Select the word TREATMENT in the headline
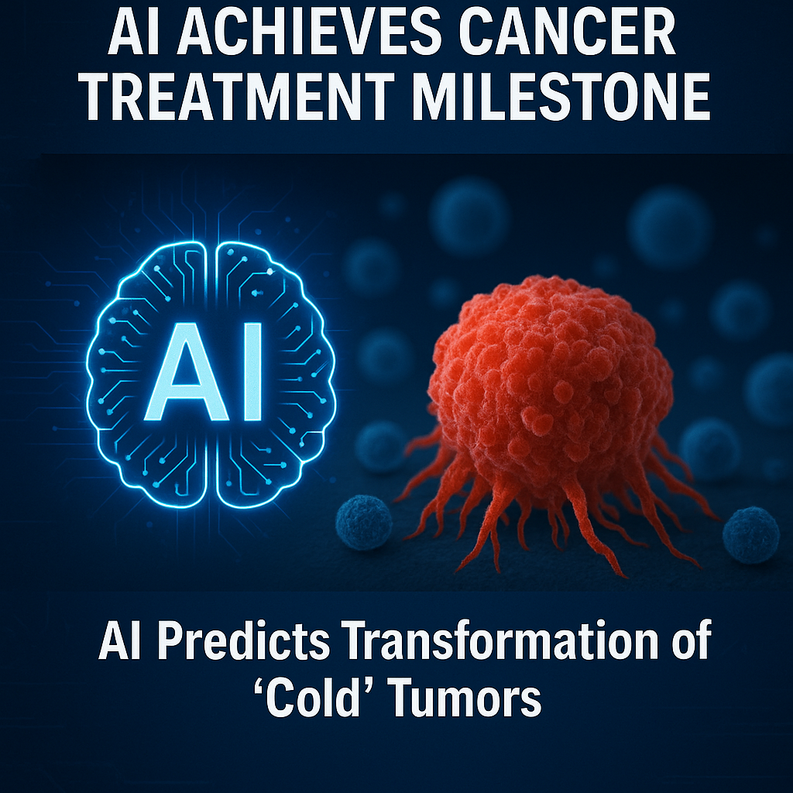239,96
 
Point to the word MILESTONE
561,96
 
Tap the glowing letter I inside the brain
252,372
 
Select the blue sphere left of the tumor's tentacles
364,523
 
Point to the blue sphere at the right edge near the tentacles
751,534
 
